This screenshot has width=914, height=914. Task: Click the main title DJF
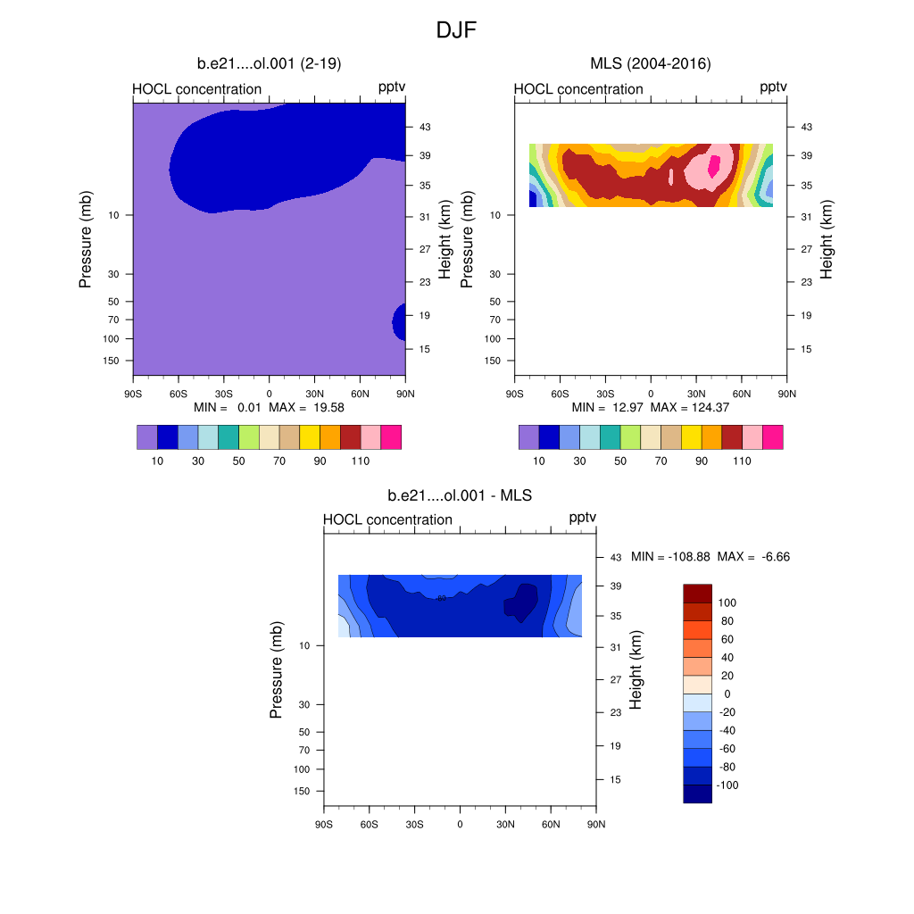click(457, 30)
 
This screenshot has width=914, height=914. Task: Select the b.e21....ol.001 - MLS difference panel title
click(460, 494)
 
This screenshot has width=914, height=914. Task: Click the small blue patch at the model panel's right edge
click(399, 320)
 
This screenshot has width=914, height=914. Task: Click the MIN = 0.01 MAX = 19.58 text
click(269, 407)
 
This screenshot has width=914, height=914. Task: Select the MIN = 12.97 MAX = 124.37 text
click(650, 407)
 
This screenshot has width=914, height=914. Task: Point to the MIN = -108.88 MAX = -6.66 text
click(710, 557)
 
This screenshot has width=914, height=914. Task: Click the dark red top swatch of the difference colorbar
click(697, 594)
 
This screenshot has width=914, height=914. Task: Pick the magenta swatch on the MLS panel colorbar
click(772, 437)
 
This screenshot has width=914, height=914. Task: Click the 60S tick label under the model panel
click(178, 393)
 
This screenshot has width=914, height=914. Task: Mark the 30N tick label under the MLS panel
click(696, 393)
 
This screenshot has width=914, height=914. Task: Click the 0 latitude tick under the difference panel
click(460, 823)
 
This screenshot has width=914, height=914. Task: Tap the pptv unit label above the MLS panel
click(773, 87)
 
